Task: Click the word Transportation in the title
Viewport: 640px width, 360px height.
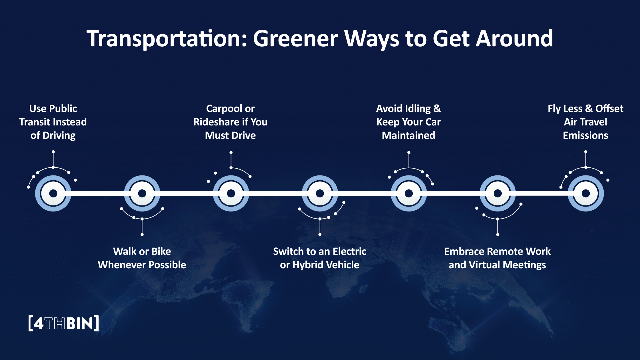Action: pyautogui.click(x=167, y=39)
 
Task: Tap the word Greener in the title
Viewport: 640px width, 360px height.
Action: pyautogui.click(x=295, y=39)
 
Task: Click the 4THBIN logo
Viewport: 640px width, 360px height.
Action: pyautogui.click(x=64, y=323)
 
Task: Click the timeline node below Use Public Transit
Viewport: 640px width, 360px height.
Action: pyautogui.click(x=53, y=193)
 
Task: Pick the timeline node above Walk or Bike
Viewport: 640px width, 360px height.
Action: pyautogui.click(x=142, y=193)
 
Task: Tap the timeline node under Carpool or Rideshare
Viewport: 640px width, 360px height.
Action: pyautogui.click(x=231, y=193)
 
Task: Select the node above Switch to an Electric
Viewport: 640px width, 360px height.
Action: pyautogui.click(x=320, y=193)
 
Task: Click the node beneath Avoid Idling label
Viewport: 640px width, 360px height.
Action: pyautogui.click(x=409, y=193)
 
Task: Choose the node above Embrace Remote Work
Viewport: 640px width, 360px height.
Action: pyautogui.click(x=497, y=193)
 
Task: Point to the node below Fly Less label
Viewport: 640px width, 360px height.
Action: pyautogui.click(x=585, y=193)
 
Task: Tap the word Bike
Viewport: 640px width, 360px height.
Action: pyautogui.click(x=161, y=251)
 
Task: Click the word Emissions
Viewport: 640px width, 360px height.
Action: pyautogui.click(x=585, y=135)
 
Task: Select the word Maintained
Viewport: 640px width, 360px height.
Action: pyautogui.click(x=409, y=135)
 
